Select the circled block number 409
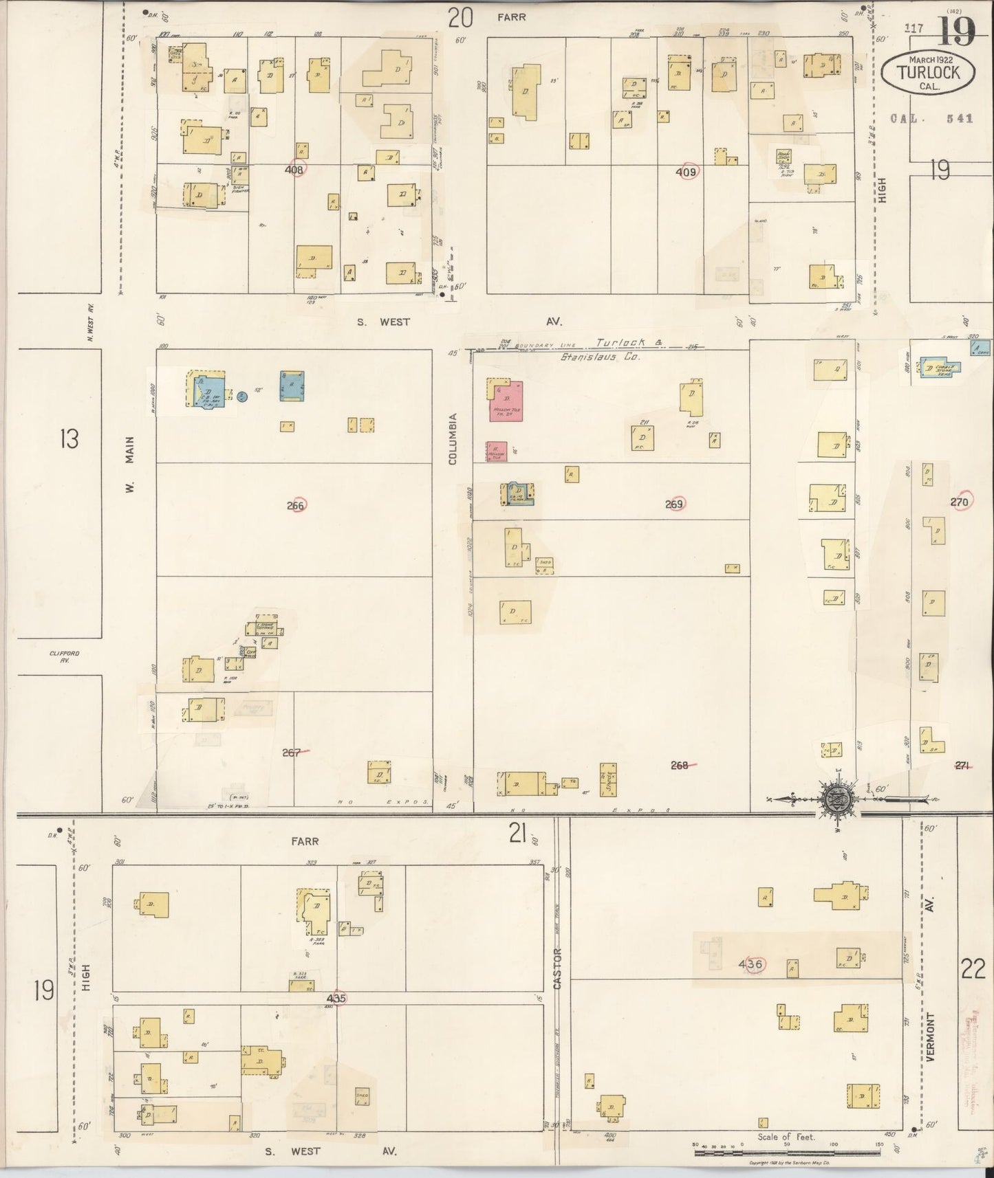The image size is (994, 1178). pos(687,172)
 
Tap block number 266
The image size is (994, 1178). pos(296,505)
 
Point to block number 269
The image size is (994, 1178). pos(676,504)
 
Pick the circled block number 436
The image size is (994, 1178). pos(750,964)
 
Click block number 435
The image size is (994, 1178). pos(336,997)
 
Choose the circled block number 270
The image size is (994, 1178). pos(960,502)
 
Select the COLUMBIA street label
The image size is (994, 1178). pos(453,438)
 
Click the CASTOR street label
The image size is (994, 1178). pos(557,968)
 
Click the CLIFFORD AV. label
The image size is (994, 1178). pos(65,656)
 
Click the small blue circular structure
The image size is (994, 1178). pos(241,396)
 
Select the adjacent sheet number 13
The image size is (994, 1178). pos(69,438)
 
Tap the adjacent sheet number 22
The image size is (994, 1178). pos(973,968)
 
